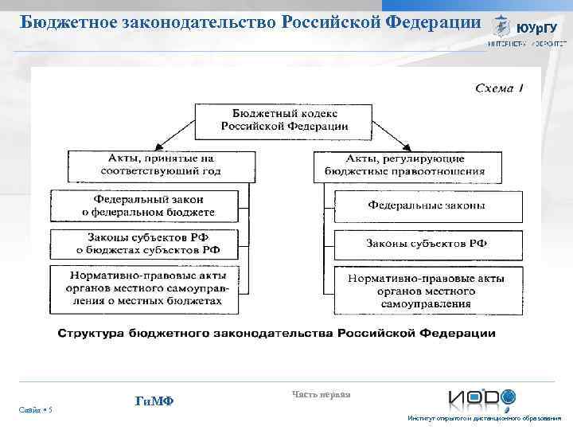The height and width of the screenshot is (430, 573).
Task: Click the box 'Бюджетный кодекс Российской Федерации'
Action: [284, 119]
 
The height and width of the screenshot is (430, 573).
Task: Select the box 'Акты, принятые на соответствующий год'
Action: [155, 165]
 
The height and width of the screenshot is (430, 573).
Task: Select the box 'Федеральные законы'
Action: [427, 205]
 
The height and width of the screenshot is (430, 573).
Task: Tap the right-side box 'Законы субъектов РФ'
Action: [427, 244]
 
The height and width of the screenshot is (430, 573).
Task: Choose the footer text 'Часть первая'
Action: [321, 393]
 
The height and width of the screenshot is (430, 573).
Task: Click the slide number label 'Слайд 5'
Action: [37, 409]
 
